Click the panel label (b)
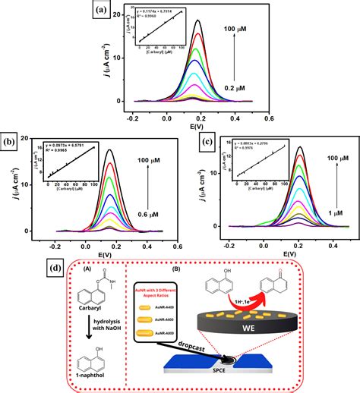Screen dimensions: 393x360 coord(10,142)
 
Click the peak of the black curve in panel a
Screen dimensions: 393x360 coord(198,21)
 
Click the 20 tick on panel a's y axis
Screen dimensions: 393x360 coord(115,16)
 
